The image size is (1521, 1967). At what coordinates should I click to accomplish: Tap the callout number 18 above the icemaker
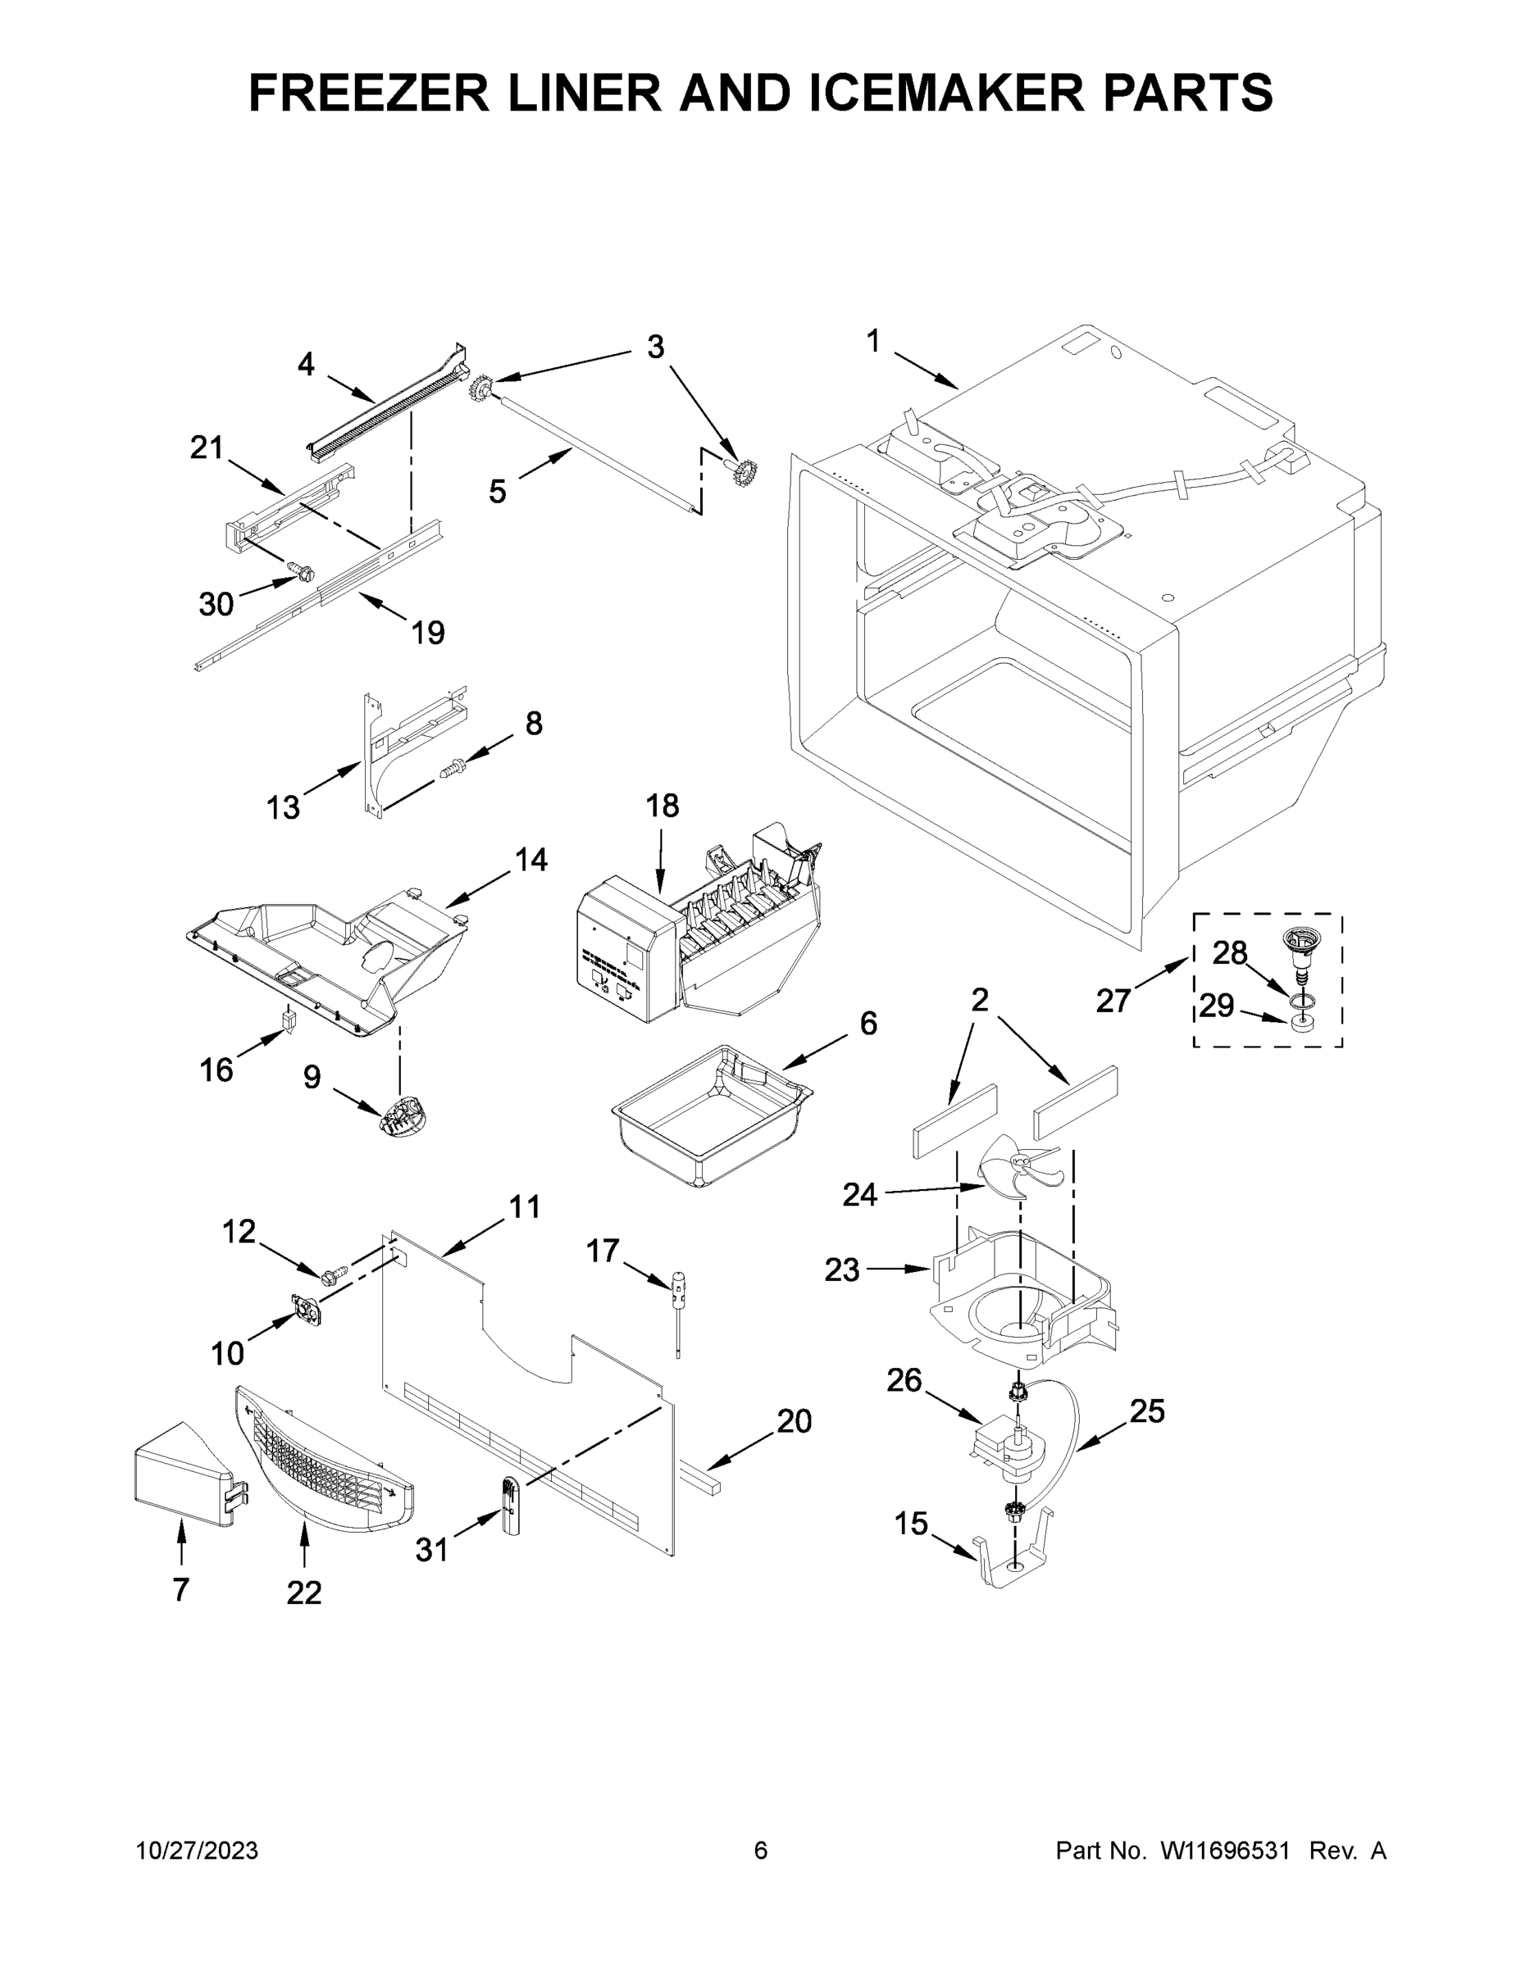click(x=663, y=805)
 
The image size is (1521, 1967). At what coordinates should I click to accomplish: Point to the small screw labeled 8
click(x=452, y=768)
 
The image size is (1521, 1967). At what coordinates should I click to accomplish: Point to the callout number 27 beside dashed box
click(x=1113, y=1001)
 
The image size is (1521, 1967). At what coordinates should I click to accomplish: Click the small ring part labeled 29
click(x=1300, y=1023)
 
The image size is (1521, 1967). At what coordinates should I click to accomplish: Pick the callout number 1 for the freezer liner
click(x=872, y=341)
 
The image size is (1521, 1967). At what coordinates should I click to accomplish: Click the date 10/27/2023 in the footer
click(x=197, y=1851)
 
